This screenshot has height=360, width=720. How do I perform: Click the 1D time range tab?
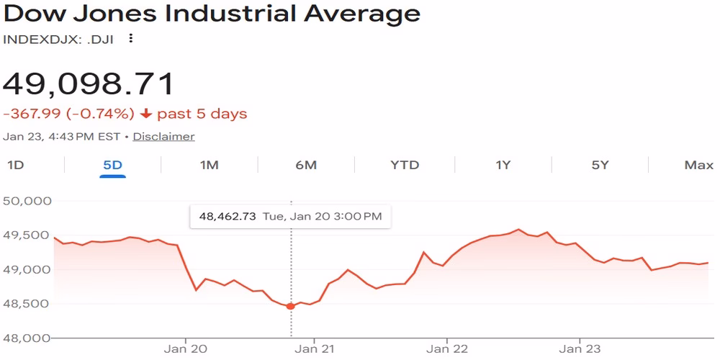(15, 165)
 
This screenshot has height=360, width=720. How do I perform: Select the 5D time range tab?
(112, 165)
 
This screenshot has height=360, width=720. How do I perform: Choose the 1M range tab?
(209, 165)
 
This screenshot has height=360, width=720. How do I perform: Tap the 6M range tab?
(306, 165)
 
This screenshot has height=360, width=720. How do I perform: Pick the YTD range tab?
(405, 165)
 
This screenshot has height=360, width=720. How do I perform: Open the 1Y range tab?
(503, 165)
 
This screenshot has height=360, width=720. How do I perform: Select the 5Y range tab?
(600, 165)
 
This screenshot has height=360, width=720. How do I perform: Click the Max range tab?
(698, 165)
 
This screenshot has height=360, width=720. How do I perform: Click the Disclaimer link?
(163, 136)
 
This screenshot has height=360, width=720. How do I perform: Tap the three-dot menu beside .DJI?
(131, 39)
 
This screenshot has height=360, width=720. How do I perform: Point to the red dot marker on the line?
(291, 306)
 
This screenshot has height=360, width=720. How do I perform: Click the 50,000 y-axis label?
(28, 200)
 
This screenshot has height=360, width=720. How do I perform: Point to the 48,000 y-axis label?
(28, 338)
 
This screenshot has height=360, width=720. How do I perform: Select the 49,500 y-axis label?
(28, 235)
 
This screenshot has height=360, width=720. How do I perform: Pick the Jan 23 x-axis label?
(580, 349)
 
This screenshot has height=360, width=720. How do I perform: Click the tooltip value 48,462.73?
(227, 216)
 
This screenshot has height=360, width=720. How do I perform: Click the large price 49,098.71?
(89, 84)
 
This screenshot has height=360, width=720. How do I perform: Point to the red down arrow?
(146, 114)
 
